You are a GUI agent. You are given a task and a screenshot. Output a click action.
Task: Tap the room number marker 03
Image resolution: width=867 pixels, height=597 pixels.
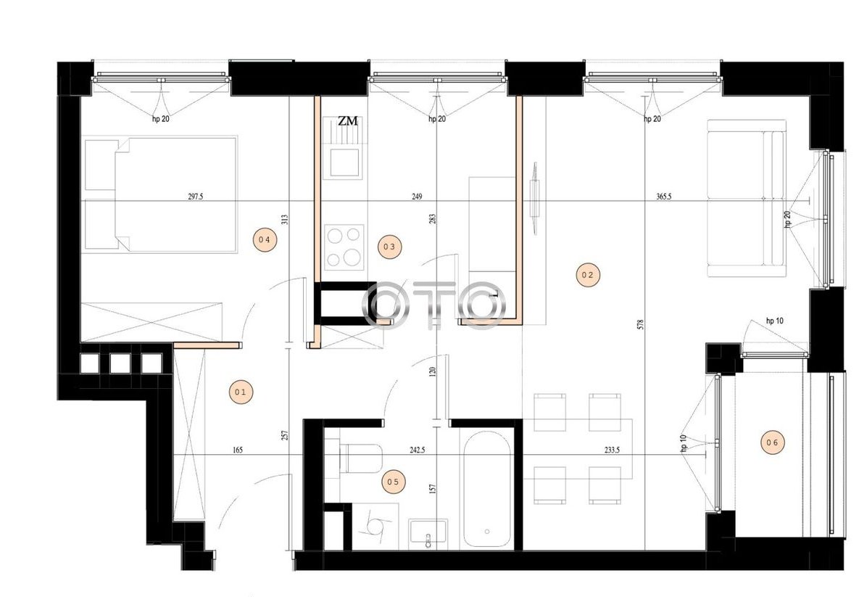tap(389, 247)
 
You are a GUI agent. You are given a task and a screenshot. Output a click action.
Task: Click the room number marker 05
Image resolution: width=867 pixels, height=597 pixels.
tap(393, 482)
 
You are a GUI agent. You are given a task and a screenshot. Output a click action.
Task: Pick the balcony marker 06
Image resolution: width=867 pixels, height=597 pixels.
tap(773, 442)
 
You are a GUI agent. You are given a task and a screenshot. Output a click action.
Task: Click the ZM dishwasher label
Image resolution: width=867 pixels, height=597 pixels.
tap(348, 120)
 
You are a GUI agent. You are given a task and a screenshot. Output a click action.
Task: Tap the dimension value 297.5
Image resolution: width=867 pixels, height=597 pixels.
tap(196, 196)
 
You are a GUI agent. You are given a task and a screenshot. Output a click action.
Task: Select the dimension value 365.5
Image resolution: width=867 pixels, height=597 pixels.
tap(663, 196)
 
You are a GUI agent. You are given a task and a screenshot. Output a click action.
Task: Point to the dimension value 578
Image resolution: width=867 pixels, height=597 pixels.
tap(640, 324)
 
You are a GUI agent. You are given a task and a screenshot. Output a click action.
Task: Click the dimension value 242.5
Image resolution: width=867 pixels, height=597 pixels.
tap(417, 450)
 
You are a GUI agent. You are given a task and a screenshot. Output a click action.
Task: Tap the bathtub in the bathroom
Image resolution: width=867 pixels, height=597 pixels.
tap(487, 489)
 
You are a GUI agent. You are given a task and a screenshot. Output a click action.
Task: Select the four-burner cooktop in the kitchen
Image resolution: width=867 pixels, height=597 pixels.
tap(344, 247)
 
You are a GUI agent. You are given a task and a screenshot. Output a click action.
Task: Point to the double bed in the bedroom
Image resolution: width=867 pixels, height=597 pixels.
tap(161, 194)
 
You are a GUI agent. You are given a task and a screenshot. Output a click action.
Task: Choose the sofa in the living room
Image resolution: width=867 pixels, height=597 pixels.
tap(747, 199)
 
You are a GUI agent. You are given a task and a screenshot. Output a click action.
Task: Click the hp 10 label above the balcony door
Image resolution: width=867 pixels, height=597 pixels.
tap(774, 321)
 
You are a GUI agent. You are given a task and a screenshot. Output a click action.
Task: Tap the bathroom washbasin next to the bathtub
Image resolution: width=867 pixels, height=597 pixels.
tap(428, 534)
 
